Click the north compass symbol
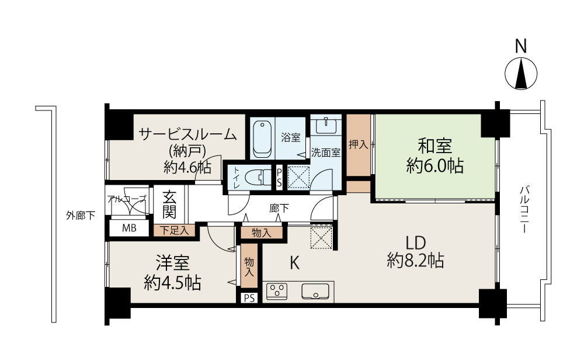coord(521,74)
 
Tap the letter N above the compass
coord(521,47)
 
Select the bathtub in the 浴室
coord(262,139)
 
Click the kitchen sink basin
coord(315,292)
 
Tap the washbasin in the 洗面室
coord(326,125)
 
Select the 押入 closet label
coord(359,144)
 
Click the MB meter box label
coord(129,228)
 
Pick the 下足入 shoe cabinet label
coord(174,230)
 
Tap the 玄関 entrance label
coord(169,205)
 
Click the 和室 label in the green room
coord(435,146)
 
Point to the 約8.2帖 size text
coord(415,260)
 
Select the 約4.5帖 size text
coord(172,283)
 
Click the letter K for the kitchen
coord(294,264)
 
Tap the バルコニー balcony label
coord(524,209)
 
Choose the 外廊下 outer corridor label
coord(81,216)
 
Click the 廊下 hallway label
coord(279,208)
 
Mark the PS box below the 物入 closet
coord(249,299)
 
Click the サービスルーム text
coord(187,134)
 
